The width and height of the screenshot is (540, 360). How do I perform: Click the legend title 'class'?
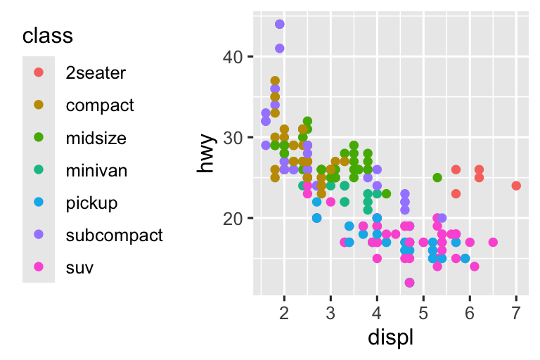(x=48, y=35)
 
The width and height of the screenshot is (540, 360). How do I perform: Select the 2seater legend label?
(x=96, y=72)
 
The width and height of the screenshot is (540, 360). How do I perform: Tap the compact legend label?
(x=99, y=105)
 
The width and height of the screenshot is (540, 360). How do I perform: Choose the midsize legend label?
(x=96, y=137)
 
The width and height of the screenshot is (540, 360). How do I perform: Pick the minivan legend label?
(x=96, y=169)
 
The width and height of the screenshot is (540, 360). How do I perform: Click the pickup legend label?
(x=91, y=202)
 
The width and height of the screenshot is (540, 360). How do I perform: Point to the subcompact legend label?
(x=114, y=235)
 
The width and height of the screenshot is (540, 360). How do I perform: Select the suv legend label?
(x=79, y=267)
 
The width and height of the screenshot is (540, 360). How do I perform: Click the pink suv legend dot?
(x=39, y=267)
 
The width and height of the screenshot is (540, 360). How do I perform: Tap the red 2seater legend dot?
(x=39, y=72)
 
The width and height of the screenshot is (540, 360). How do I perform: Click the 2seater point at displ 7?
(x=516, y=186)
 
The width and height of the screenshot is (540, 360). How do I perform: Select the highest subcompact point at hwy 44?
(x=280, y=24)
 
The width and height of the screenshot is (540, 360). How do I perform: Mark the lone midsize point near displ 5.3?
(x=437, y=177)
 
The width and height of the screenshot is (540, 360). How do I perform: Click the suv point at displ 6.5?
(x=493, y=243)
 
